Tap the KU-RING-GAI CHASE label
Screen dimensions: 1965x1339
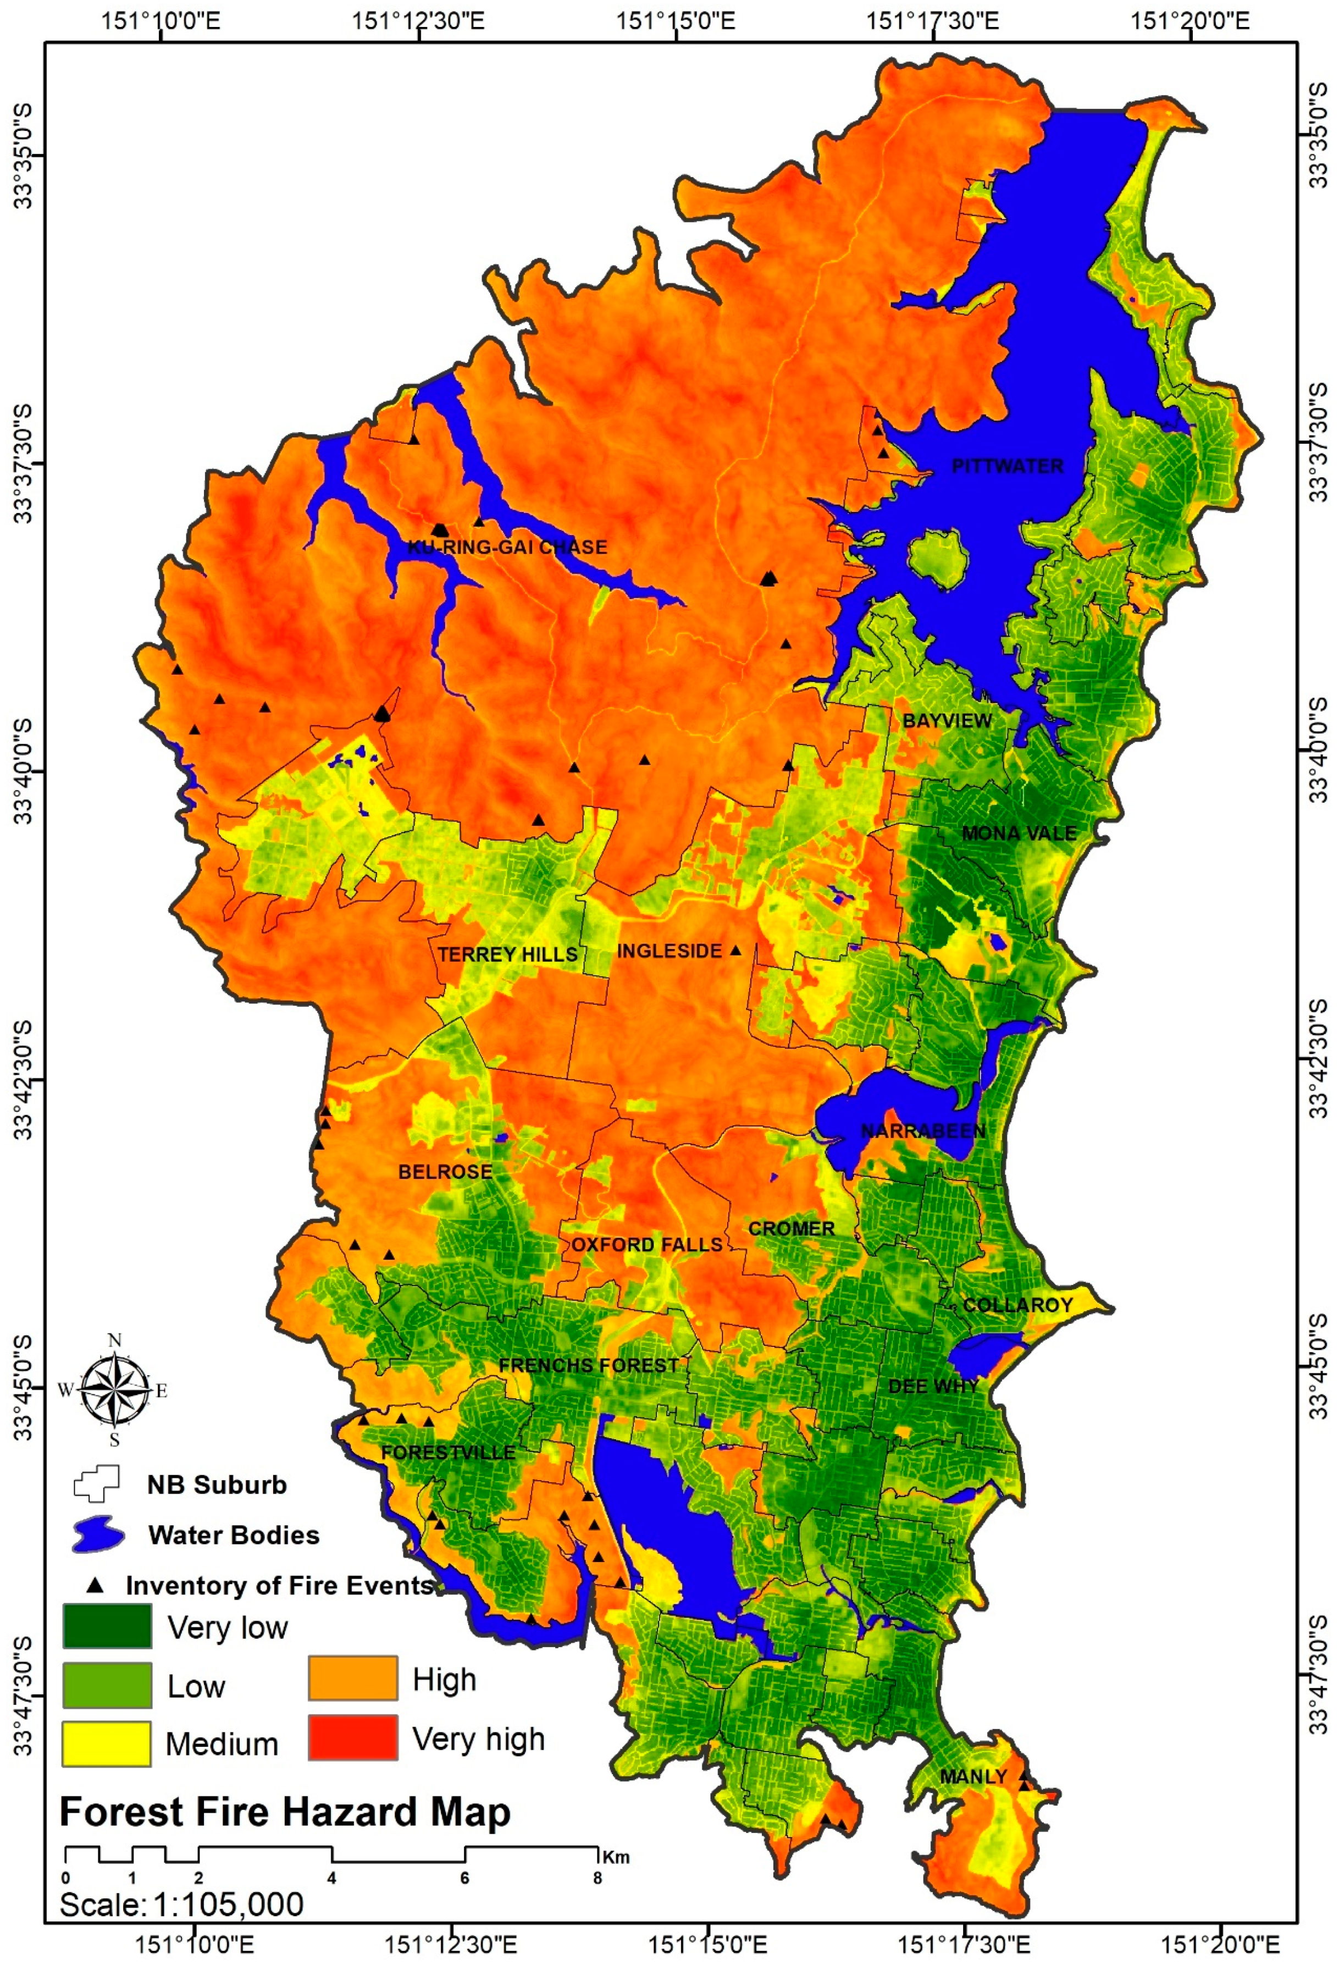(507, 547)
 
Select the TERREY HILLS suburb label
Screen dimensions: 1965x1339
(507, 954)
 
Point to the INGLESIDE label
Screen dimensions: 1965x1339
(668, 951)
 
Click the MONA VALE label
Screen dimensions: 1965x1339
(1019, 833)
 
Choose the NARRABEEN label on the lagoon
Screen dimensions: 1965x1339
(922, 1131)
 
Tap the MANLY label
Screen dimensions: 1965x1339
(973, 1776)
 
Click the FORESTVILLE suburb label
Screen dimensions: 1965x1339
(447, 1453)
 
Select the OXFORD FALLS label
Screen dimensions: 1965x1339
(646, 1245)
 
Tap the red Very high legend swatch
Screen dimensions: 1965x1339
(352, 1737)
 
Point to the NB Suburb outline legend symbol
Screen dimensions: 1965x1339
(96, 1484)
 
